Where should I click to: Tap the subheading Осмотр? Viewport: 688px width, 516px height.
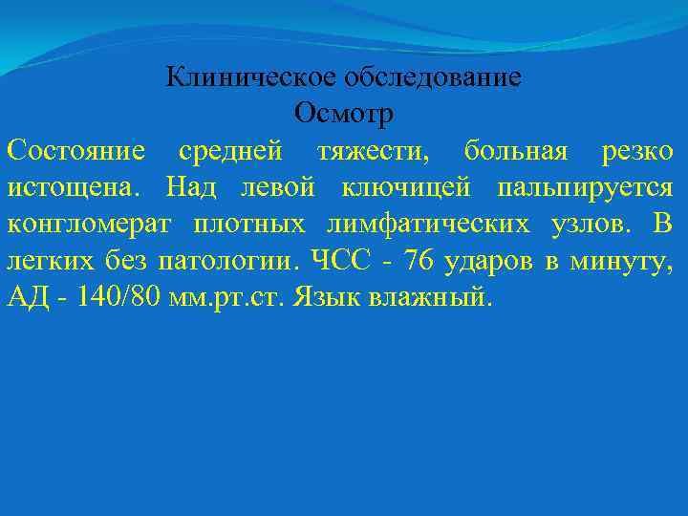tap(344, 113)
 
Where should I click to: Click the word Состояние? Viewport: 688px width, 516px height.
tap(76, 150)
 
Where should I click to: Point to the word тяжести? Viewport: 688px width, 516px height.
tap(368, 150)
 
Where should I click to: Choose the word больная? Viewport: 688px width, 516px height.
tap(516, 150)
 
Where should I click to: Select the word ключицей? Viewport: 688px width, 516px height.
tap(388, 186)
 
